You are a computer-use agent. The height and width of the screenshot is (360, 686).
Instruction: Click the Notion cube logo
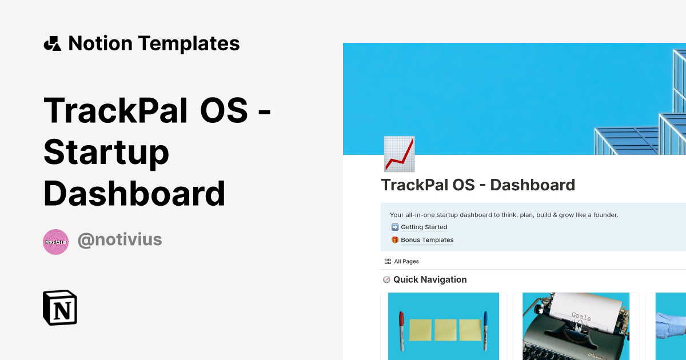click(x=60, y=307)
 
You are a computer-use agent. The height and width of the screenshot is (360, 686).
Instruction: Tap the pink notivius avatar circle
click(x=56, y=242)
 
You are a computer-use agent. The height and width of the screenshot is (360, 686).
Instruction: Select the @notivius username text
click(x=119, y=240)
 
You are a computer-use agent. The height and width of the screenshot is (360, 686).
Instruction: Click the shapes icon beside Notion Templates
click(x=52, y=43)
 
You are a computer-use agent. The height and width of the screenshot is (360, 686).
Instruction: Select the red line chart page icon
click(x=399, y=154)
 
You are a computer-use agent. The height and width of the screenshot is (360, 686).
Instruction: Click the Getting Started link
click(x=424, y=227)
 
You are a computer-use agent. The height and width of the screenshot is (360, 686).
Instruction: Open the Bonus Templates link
click(x=426, y=240)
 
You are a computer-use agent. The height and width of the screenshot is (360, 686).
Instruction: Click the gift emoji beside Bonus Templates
click(x=394, y=240)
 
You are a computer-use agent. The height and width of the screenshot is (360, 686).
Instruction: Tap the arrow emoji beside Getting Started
click(x=394, y=227)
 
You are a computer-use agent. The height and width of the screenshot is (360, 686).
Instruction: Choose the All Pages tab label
click(x=406, y=261)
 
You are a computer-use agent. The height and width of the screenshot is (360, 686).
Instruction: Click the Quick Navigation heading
click(x=430, y=279)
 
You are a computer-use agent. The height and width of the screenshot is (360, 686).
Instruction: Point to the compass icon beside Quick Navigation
click(x=386, y=279)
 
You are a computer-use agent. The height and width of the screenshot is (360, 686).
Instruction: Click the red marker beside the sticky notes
click(x=401, y=331)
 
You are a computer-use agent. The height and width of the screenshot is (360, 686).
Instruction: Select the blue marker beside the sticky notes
click(x=485, y=330)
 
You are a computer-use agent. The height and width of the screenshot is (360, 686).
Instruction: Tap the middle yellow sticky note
click(x=445, y=330)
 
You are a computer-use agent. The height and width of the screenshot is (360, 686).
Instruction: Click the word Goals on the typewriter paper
click(x=581, y=317)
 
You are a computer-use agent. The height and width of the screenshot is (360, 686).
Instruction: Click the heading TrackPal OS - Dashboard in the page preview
click(x=478, y=185)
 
